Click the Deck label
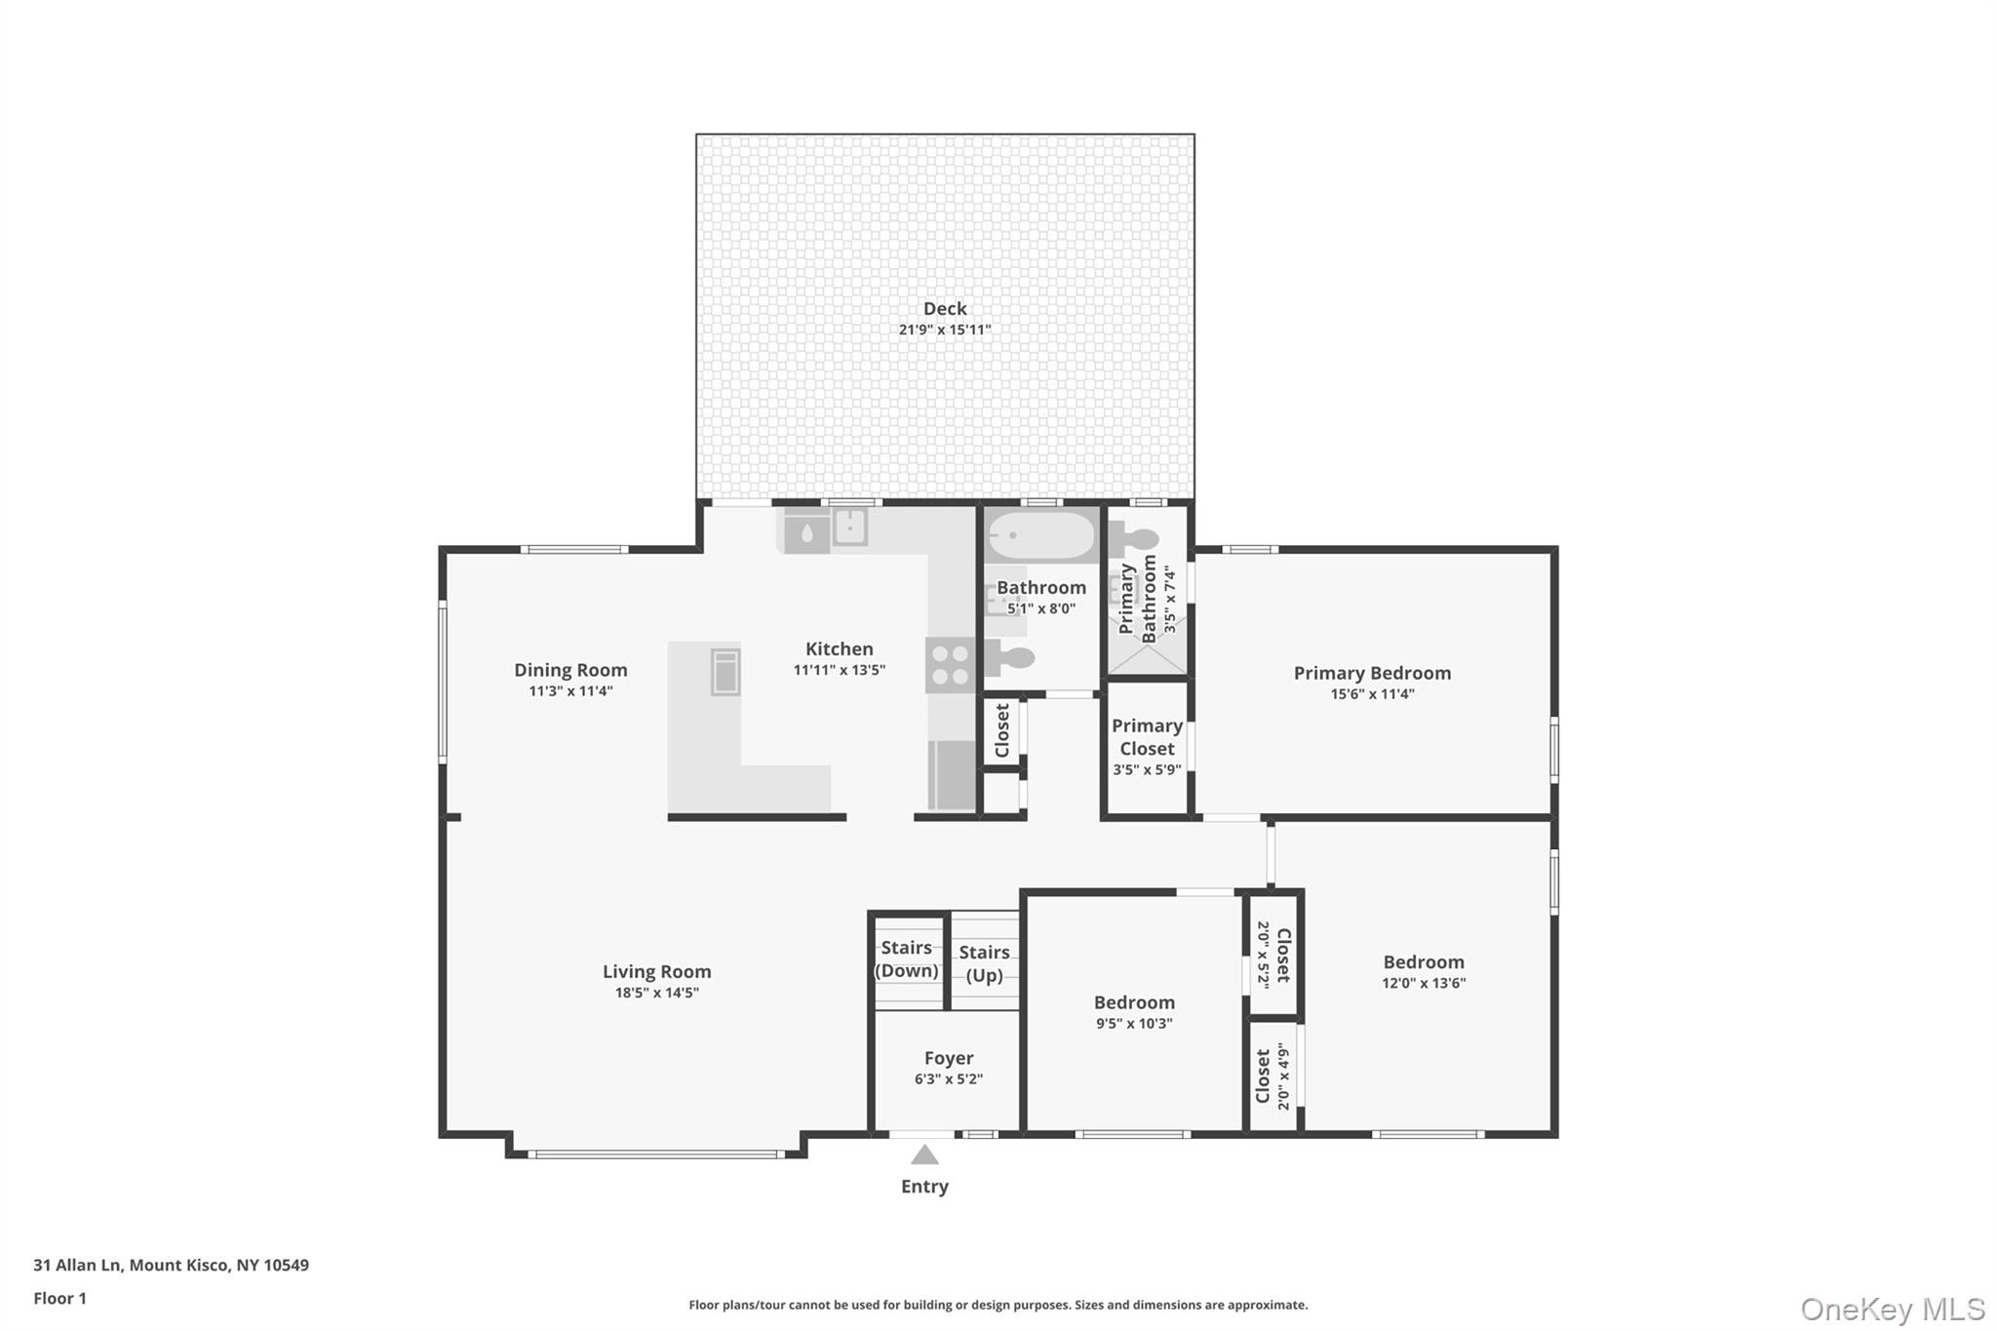tap(945, 308)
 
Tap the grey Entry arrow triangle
tap(924, 1155)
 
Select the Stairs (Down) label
tap(907, 959)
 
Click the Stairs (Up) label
tap(984, 963)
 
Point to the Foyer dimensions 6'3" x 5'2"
tap(949, 1079)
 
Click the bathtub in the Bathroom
tap(1040, 535)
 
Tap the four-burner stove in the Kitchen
tap(950, 665)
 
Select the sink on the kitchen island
tap(725, 672)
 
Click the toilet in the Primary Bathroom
tap(1134, 536)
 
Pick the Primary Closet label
tap(1147, 737)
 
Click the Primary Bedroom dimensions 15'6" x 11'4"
tap(1372, 694)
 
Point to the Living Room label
tap(657, 971)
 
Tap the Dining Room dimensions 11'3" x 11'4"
tap(570, 691)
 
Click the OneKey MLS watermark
tap(1893, 1309)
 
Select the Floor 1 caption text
tap(59, 1298)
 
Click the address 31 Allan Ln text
tap(79, 1265)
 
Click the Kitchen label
tap(840, 648)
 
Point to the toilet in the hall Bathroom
tap(1009, 659)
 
